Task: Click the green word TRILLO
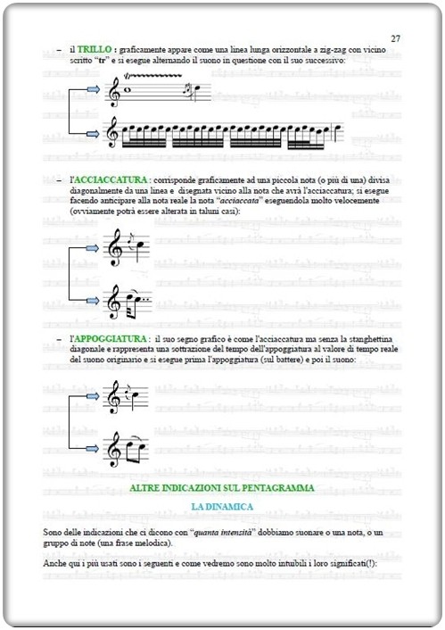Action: click(x=94, y=49)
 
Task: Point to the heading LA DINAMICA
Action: click(x=221, y=506)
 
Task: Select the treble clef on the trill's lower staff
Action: click(x=113, y=133)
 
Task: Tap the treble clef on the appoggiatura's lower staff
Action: click(x=114, y=449)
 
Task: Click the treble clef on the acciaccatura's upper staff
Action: click(x=114, y=247)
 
